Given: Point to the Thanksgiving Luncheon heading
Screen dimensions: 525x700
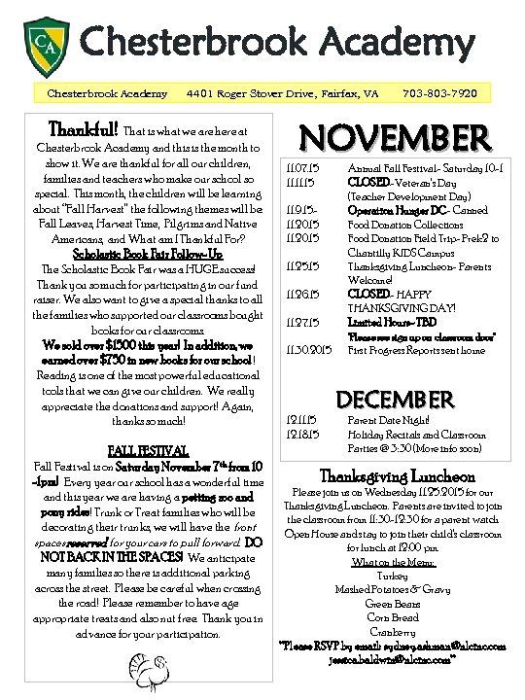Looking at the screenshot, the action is (x=398, y=476).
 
